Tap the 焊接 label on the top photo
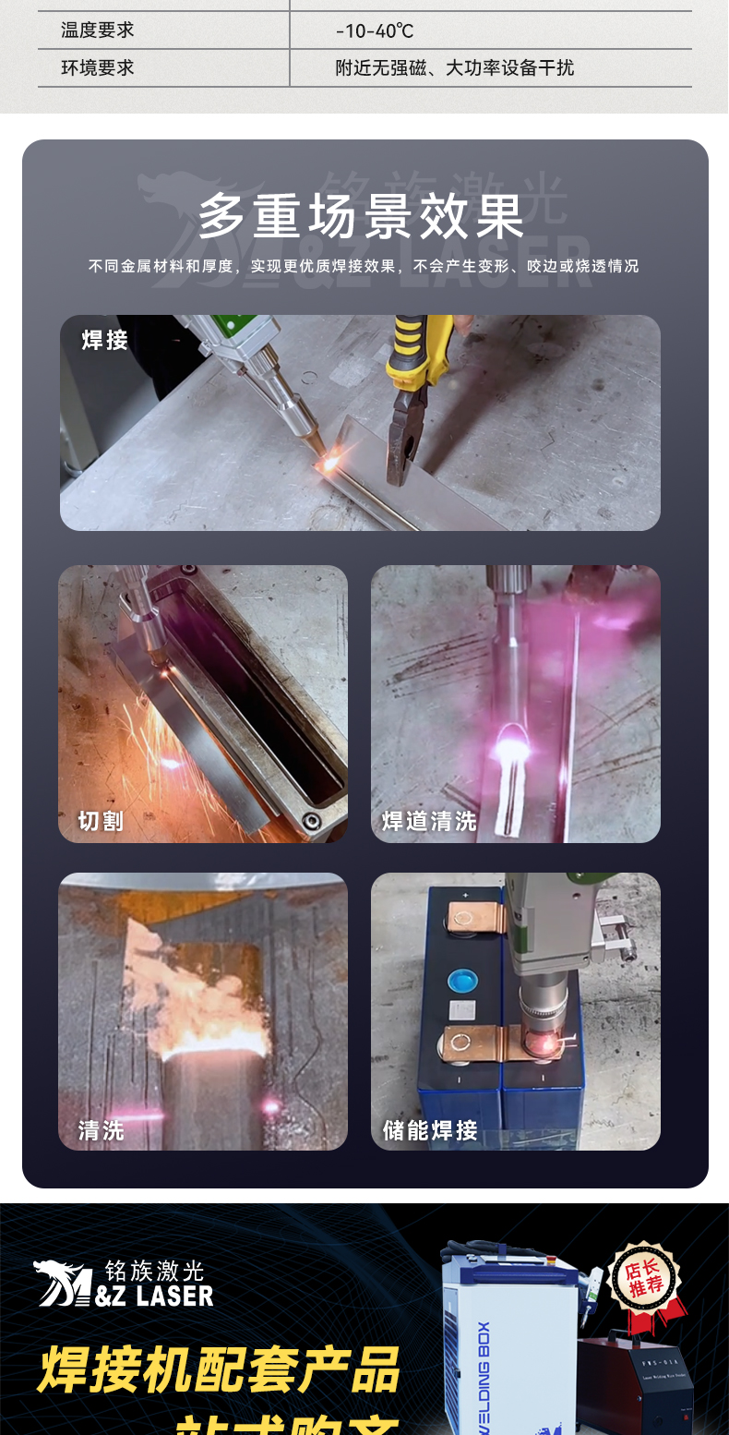[105, 341]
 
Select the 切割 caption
[101, 820]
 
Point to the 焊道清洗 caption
[429, 820]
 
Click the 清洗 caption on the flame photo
[101, 1129]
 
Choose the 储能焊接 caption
[430, 1129]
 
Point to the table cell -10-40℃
[375, 31]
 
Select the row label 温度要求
[98, 30]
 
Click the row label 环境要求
[98, 67]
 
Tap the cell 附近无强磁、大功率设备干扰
[454, 67]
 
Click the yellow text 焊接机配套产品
[219, 1369]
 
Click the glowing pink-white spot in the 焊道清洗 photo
[508, 738]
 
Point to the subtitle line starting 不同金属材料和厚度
[364, 266]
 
